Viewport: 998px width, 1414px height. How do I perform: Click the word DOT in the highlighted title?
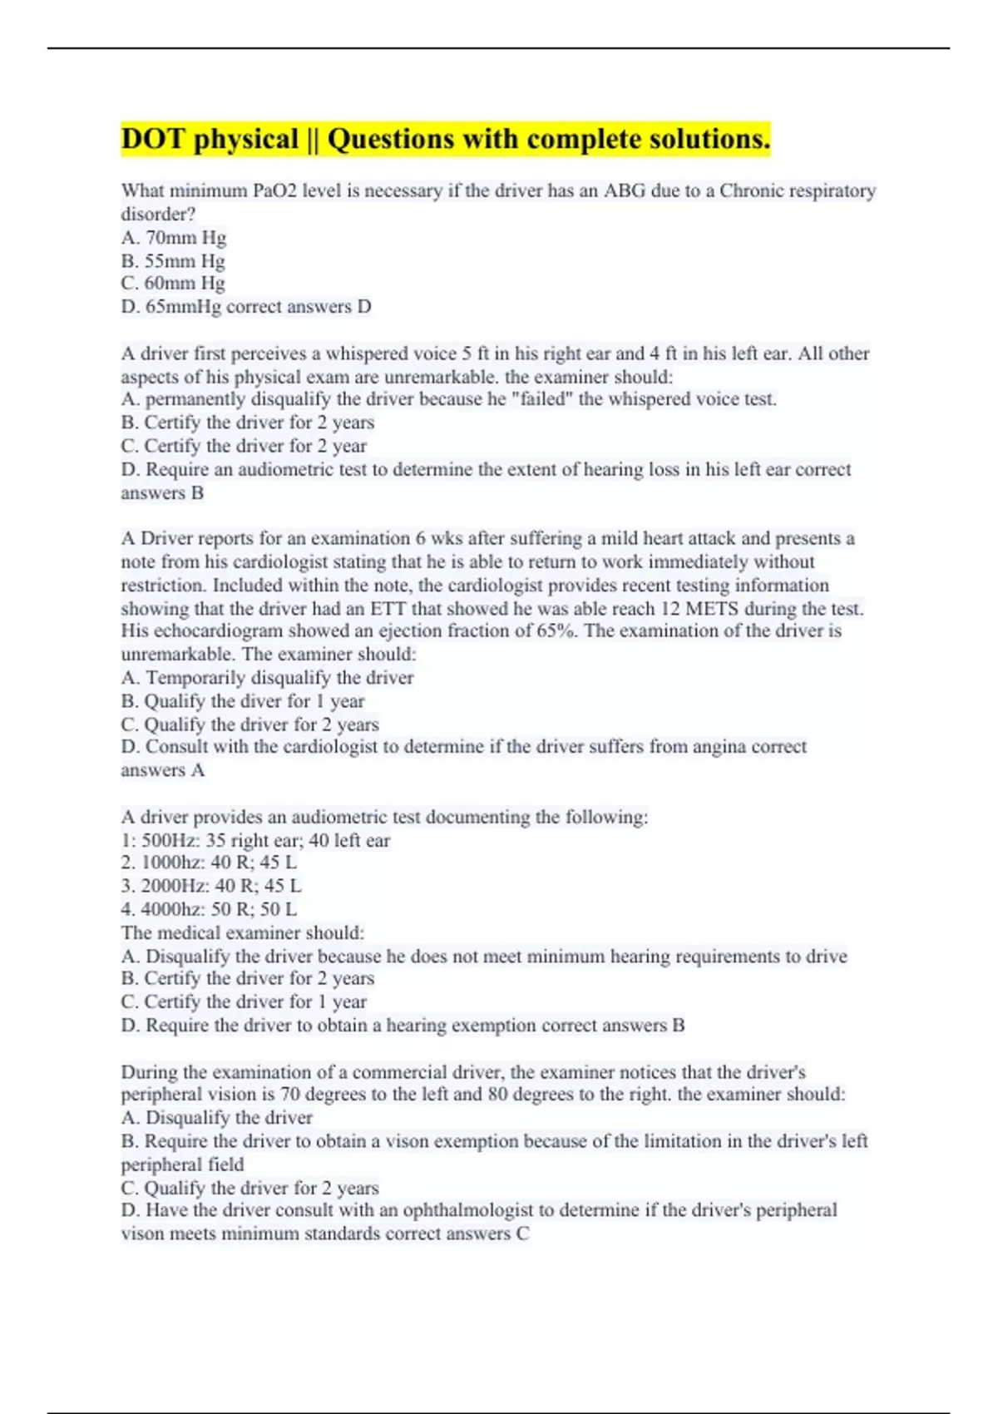[x=152, y=139]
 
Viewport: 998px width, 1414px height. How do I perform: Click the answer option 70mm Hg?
[x=185, y=238]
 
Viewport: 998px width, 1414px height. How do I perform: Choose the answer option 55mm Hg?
[x=184, y=261]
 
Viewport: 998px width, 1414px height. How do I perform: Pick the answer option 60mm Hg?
[x=184, y=284]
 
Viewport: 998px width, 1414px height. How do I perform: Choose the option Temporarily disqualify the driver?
[x=279, y=678]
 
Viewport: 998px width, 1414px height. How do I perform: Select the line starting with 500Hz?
[x=255, y=841]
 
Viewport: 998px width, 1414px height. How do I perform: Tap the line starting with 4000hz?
[x=209, y=910]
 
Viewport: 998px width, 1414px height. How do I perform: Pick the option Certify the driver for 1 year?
[x=254, y=1002]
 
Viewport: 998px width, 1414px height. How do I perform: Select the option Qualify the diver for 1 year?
[x=254, y=701]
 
